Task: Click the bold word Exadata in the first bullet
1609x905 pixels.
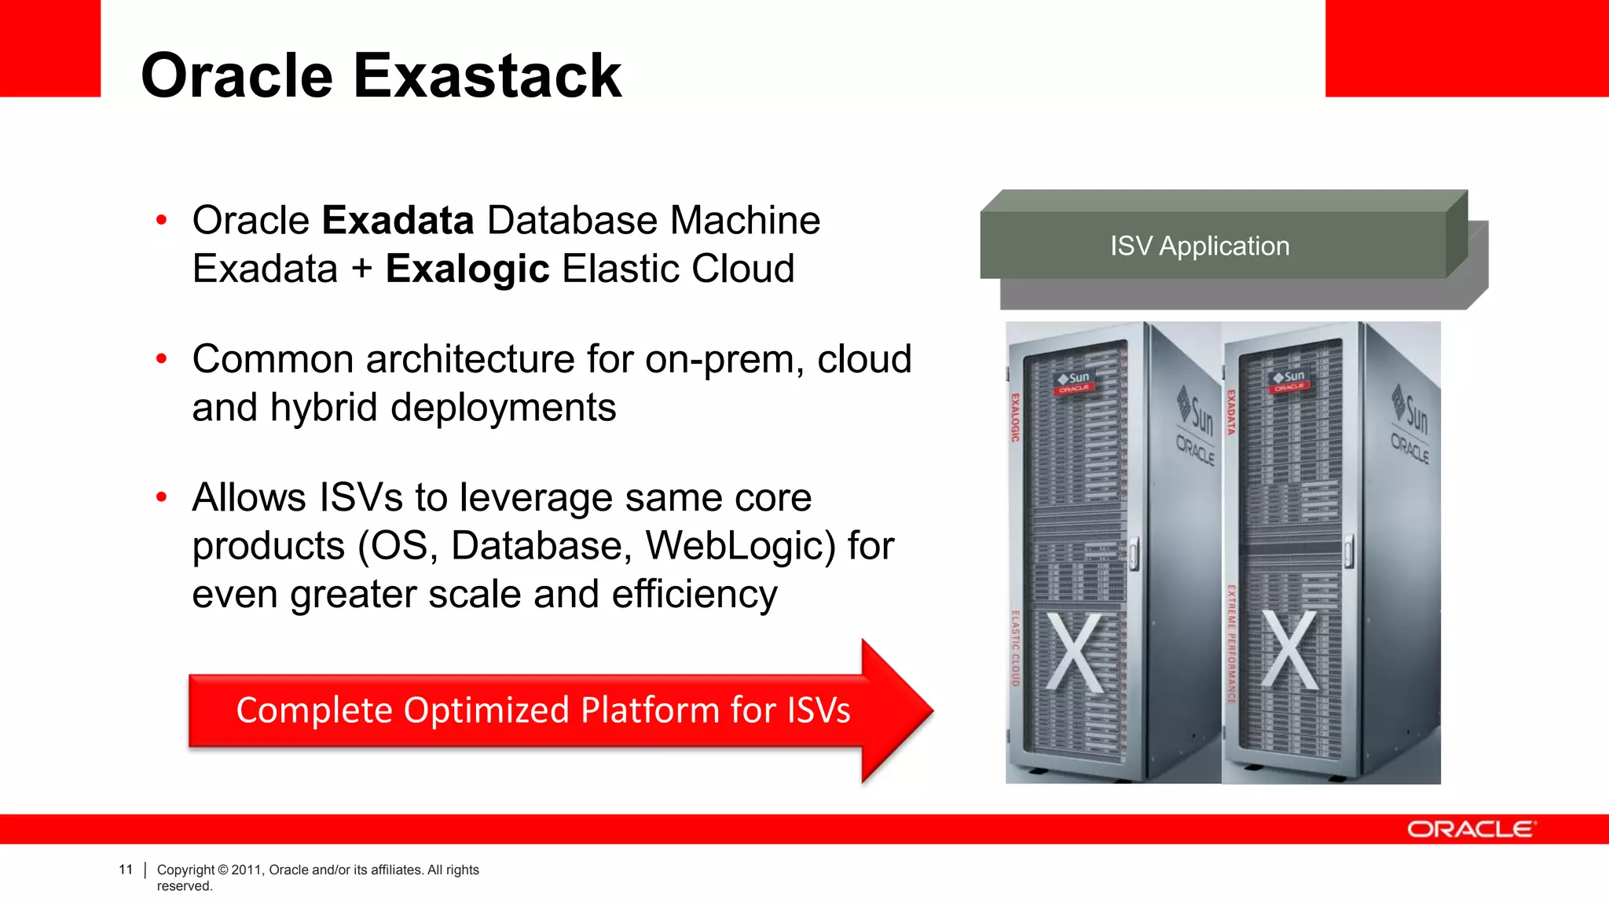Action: point(398,220)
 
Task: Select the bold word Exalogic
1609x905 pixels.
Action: point(467,269)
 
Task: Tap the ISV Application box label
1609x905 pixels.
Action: point(1199,246)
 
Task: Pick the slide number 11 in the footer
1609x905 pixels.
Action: point(126,870)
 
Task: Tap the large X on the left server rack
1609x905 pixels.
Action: point(1074,651)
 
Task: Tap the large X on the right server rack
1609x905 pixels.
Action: point(1289,651)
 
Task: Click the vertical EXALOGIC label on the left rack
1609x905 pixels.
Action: point(1015,417)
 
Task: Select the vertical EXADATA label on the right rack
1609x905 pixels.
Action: point(1231,412)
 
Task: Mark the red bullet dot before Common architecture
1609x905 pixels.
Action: point(162,359)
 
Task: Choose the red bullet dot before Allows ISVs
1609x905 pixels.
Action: point(162,497)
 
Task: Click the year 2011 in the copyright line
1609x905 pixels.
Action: point(247,870)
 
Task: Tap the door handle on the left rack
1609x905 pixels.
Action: point(1133,553)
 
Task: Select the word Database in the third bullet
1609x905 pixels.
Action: point(541,546)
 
